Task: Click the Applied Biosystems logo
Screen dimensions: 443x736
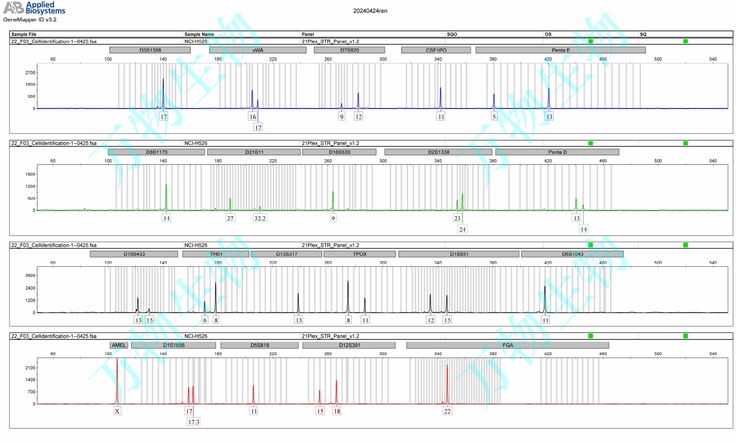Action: pos(34,8)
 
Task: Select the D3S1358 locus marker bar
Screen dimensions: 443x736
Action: pos(150,50)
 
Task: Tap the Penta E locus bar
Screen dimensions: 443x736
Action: pos(560,50)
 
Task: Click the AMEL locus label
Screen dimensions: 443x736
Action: pos(119,345)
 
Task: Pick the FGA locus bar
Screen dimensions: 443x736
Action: pos(507,345)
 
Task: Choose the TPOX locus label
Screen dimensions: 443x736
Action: pos(360,254)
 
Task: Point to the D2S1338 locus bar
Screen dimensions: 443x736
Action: pos(438,152)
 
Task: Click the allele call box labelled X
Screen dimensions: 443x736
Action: pos(117,411)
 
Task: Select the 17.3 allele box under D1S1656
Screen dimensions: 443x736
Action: pos(193,422)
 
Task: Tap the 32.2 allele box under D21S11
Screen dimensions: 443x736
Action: pos(260,218)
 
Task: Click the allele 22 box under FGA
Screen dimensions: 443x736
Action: pos(447,411)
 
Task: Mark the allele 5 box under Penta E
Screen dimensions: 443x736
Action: pos(494,117)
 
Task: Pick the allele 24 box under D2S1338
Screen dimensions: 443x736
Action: pos(462,229)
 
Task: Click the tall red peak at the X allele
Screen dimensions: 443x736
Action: pos(117,380)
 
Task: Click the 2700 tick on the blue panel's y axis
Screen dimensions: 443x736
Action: pos(30,73)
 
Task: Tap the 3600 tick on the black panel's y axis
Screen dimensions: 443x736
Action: pos(30,275)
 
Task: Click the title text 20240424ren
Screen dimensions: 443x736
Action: pos(370,11)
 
